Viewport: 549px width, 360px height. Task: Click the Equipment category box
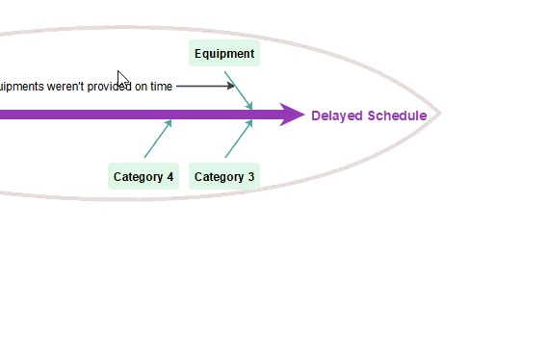point(224,54)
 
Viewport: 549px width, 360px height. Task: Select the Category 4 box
point(144,177)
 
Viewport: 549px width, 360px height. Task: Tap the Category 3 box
point(224,177)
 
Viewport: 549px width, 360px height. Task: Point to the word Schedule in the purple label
point(397,116)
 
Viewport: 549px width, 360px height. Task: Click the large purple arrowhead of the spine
point(292,115)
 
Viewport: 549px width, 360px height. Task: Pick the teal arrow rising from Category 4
point(157,139)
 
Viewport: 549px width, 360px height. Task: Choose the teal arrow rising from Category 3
point(238,139)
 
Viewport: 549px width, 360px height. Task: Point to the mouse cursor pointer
point(122,79)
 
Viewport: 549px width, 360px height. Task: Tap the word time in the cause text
point(161,87)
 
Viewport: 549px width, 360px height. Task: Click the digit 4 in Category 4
point(170,177)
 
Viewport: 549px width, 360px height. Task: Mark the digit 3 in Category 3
point(251,177)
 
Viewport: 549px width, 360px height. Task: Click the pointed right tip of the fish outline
point(439,114)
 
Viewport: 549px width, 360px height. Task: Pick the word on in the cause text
point(141,87)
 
